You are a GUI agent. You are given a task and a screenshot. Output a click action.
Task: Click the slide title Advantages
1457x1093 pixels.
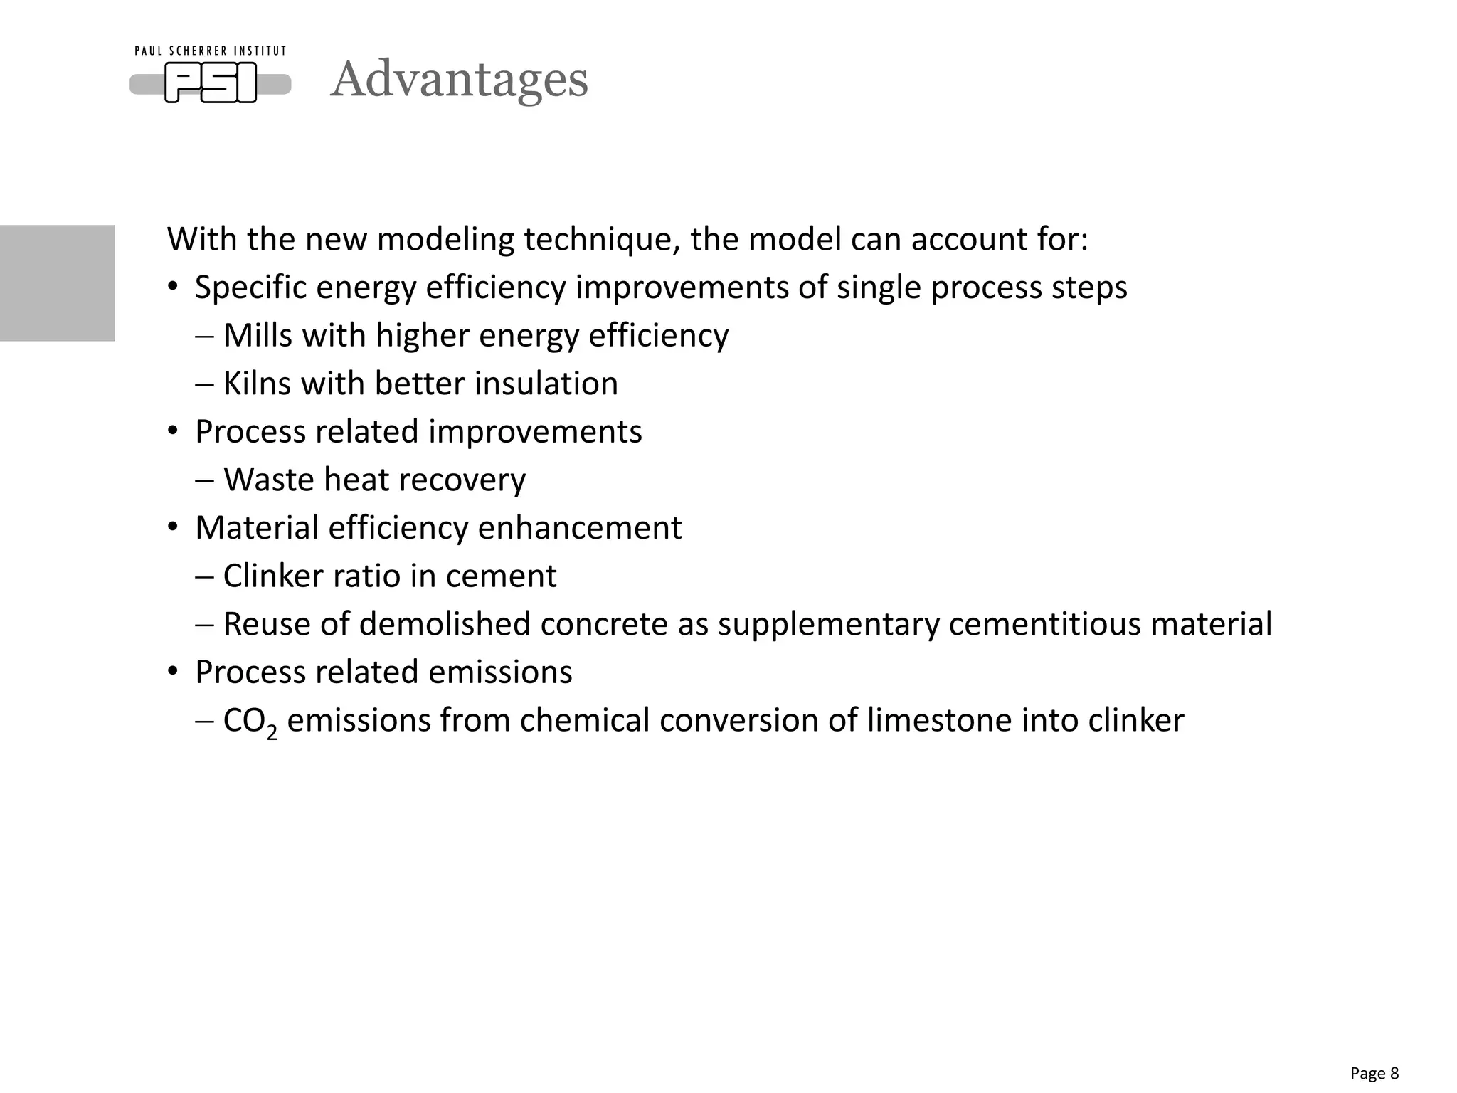coord(460,79)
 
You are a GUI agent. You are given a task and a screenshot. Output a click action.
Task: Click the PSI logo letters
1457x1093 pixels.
coord(211,83)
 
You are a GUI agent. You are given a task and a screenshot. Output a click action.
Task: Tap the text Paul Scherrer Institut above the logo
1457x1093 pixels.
coord(211,51)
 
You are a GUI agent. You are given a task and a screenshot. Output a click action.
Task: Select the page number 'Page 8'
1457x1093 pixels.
coord(1374,1073)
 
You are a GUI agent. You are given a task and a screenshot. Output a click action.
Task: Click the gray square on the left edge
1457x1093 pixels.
coord(57,283)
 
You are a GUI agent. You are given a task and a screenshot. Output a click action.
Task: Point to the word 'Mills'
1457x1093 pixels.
coord(258,336)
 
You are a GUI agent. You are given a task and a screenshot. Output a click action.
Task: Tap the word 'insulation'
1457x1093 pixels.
coord(546,384)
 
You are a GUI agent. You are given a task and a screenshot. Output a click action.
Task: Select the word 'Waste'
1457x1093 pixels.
coord(268,480)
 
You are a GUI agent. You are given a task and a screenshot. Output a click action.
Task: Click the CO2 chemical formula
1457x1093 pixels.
coord(250,722)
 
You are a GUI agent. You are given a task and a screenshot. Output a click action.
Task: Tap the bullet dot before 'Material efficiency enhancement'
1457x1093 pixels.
coord(173,528)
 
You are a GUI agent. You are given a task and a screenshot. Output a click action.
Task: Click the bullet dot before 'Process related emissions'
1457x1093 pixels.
coord(173,672)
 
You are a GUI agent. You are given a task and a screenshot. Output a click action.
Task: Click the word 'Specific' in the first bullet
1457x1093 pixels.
coord(250,288)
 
